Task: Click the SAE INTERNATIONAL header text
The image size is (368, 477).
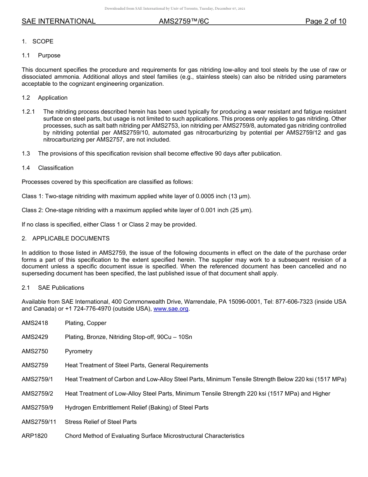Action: pyautogui.click(x=58, y=21)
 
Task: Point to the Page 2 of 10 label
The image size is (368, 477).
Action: pyautogui.click(x=325, y=21)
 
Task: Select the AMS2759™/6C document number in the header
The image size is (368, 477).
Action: pyautogui.click(x=184, y=21)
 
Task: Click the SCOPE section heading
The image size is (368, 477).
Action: pyautogui.click(x=43, y=41)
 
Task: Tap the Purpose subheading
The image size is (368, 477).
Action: pyautogui.click(x=49, y=55)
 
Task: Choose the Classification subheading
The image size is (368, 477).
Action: pyautogui.click(x=56, y=168)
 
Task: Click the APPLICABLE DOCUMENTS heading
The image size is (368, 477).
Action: pyautogui.click(x=71, y=238)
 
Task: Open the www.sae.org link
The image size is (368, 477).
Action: pyautogui.click(x=171, y=309)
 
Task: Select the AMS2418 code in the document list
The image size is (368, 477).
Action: pyautogui.click(x=35, y=323)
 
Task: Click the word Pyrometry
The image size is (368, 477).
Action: pyautogui.click(x=79, y=351)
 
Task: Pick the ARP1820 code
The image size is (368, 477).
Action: pyautogui.click(x=34, y=436)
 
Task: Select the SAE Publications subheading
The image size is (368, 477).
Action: pyautogui.click(x=61, y=288)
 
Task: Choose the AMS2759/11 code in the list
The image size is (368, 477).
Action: pyautogui.click(x=39, y=422)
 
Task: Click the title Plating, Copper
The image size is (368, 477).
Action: pyautogui.click(x=86, y=323)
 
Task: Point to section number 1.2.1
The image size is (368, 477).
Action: pyautogui.click(x=28, y=112)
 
